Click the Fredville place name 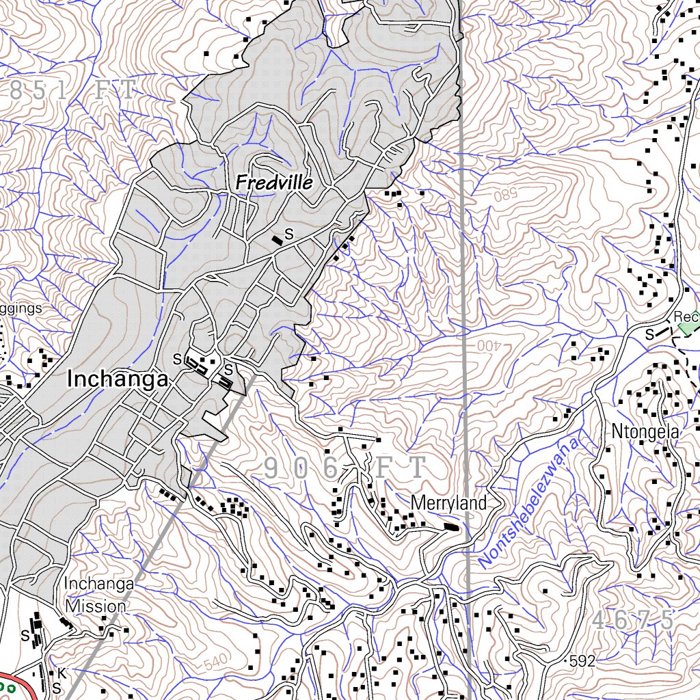(x=273, y=183)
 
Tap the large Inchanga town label (x=118, y=380)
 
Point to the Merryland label (x=448, y=504)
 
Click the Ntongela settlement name (x=645, y=432)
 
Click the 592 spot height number (x=583, y=661)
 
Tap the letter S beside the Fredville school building (x=288, y=234)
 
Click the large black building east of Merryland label (x=452, y=526)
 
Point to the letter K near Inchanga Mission (x=61, y=673)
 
